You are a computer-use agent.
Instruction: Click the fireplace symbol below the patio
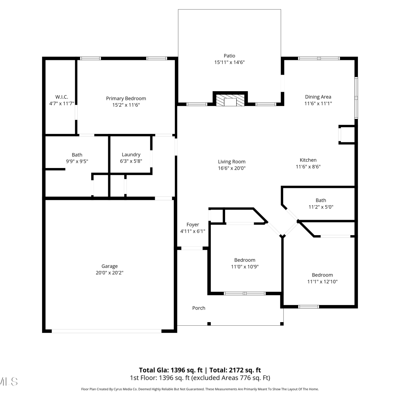(x=230, y=100)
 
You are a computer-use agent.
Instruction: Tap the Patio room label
(x=229, y=56)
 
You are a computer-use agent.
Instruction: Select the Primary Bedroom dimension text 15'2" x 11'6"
(x=126, y=105)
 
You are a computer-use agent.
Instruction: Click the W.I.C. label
(x=62, y=97)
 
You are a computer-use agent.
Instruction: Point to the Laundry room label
(x=131, y=155)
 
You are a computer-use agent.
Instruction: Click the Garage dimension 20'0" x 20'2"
(x=109, y=273)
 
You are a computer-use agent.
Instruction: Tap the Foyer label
(x=193, y=225)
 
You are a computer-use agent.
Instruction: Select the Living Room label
(x=231, y=162)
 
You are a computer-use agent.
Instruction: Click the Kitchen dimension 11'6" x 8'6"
(x=308, y=167)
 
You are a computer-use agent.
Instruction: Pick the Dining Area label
(x=318, y=97)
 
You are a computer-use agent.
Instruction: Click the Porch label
(x=199, y=308)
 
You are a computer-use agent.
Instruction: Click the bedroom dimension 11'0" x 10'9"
(x=245, y=266)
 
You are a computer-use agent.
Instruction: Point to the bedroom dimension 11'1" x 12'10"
(x=322, y=281)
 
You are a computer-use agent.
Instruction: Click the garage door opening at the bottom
(x=106, y=331)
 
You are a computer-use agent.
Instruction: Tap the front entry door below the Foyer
(x=192, y=248)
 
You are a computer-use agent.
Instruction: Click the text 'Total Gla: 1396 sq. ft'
(x=171, y=370)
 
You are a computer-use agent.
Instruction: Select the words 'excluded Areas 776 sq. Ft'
(x=231, y=378)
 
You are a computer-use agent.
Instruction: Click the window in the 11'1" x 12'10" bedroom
(x=308, y=307)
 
